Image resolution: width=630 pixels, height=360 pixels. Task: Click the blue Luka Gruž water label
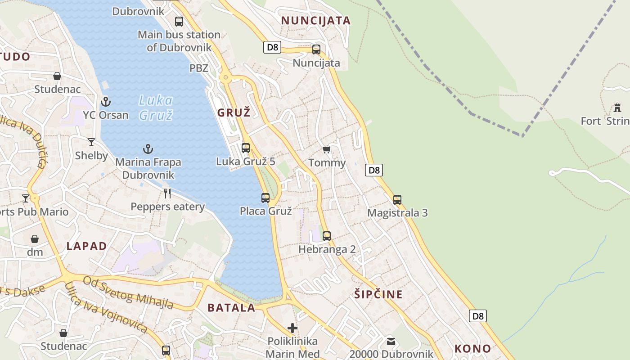click(156, 108)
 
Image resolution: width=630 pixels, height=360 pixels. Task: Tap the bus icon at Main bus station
click(179, 21)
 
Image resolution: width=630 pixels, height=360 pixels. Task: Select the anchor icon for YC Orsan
click(106, 102)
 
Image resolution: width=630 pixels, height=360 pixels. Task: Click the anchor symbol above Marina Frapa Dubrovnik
click(148, 149)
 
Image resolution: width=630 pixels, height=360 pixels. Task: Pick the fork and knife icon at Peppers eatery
click(167, 193)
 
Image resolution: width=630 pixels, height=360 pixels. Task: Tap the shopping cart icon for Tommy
click(327, 149)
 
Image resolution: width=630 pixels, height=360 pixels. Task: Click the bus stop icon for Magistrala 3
click(397, 199)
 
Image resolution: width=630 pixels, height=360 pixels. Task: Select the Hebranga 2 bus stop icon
click(327, 236)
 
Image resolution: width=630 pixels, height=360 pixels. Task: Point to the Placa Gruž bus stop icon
click(265, 198)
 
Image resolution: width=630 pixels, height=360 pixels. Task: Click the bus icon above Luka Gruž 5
click(246, 148)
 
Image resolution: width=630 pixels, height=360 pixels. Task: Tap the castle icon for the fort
click(617, 108)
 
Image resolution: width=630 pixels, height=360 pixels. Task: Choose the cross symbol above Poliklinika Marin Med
click(292, 328)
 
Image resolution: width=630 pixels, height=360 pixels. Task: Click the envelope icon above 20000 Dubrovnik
click(391, 341)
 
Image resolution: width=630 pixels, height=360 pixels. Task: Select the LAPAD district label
click(87, 246)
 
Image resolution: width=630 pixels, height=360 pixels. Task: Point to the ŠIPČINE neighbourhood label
click(378, 295)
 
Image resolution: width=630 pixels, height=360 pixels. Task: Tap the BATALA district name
click(231, 308)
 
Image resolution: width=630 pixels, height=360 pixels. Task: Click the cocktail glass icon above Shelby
click(91, 142)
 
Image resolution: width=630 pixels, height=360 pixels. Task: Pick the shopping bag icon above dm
click(35, 239)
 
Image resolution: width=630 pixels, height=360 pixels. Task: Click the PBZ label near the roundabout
click(199, 68)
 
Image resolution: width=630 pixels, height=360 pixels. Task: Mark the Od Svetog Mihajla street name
click(129, 292)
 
